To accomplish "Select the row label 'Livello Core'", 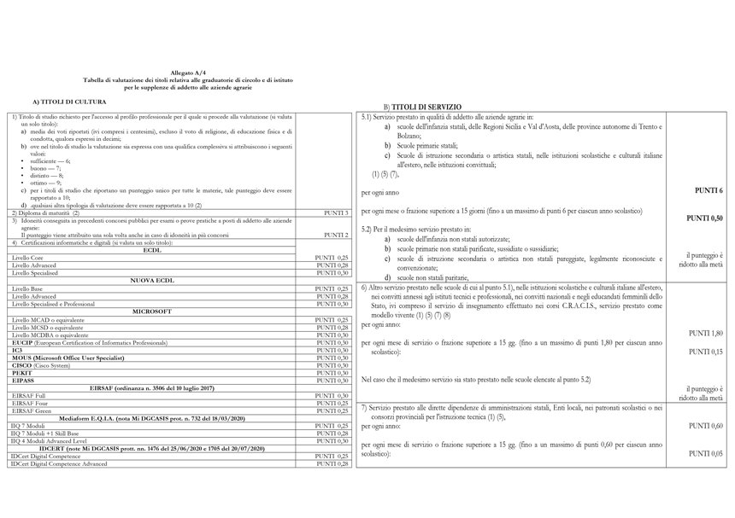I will (x=30, y=257).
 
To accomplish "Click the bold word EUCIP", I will (x=22, y=341).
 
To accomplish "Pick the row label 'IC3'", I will (x=17, y=349).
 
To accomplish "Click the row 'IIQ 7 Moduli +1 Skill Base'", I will (x=52, y=434).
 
